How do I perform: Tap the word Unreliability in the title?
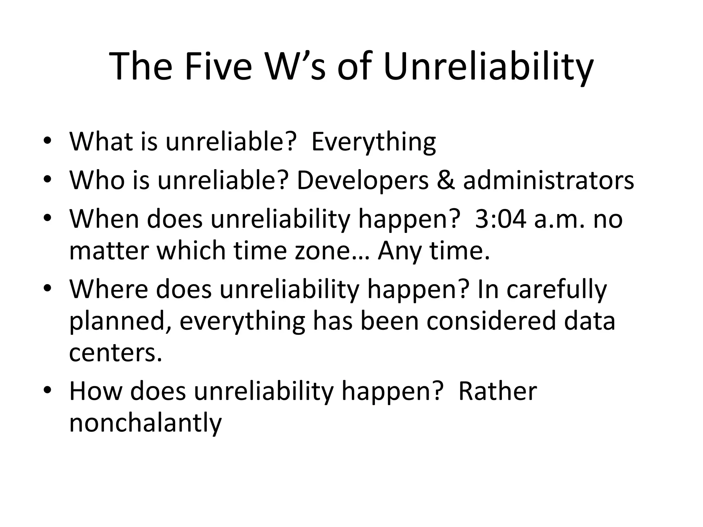point(488,67)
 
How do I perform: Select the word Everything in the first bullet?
point(373,142)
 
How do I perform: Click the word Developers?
point(362,181)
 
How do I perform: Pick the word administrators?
point(548,180)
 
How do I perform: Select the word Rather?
point(497,391)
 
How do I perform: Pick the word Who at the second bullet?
point(97,180)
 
